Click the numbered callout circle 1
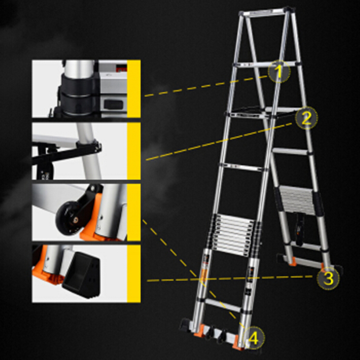(x=279, y=72)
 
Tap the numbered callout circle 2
(x=306, y=118)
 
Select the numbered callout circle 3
(x=328, y=279)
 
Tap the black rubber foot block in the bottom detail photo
(x=81, y=274)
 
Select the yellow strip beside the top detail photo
(x=134, y=89)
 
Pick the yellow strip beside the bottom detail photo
(x=134, y=274)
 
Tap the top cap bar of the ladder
(x=267, y=12)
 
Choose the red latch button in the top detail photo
(x=121, y=68)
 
